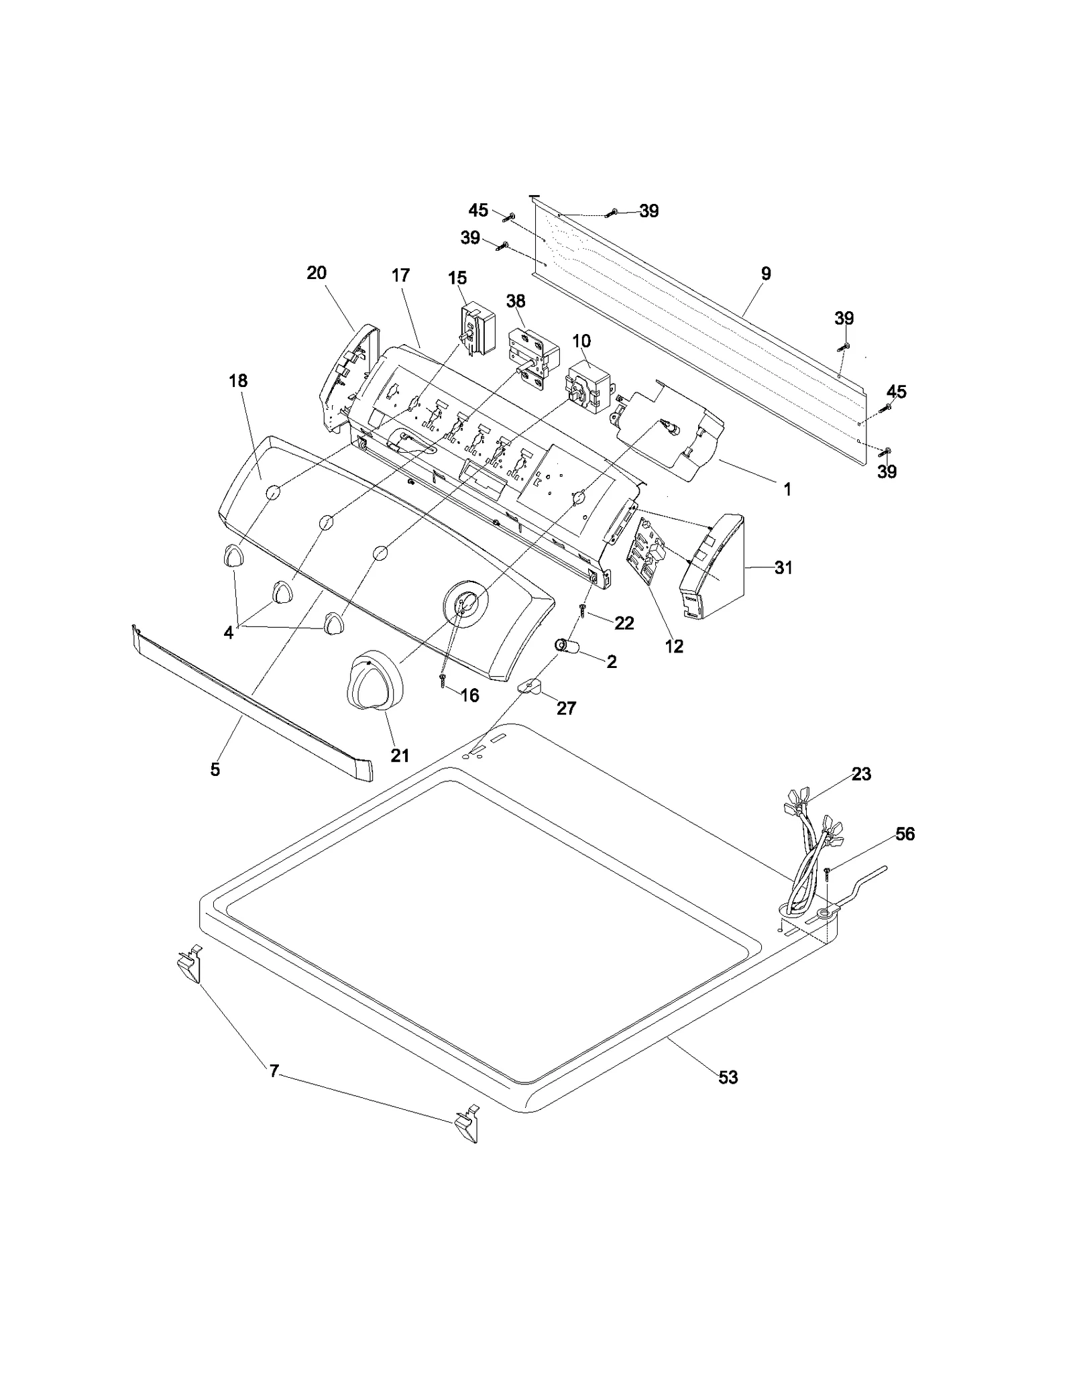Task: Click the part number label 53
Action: click(728, 1077)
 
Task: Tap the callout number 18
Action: click(237, 381)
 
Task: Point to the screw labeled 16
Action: click(443, 680)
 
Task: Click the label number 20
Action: click(317, 273)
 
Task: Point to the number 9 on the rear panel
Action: click(766, 274)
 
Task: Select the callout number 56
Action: click(905, 834)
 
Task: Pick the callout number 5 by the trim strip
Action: click(215, 769)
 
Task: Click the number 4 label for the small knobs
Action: click(229, 632)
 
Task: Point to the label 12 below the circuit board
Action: click(673, 646)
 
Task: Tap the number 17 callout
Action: click(400, 276)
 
